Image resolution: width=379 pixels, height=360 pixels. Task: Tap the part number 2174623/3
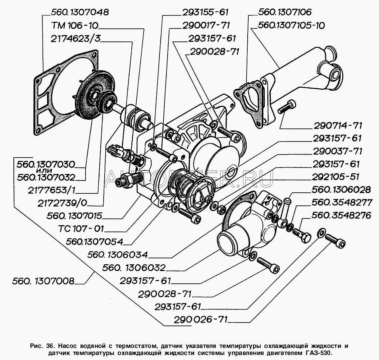point(75,39)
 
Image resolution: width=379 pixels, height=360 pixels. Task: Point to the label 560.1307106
point(285,12)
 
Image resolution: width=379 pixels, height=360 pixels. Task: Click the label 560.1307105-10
point(291,25)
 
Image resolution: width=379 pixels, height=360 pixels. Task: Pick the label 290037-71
point(338,151)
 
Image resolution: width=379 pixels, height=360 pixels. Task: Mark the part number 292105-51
point(338,177)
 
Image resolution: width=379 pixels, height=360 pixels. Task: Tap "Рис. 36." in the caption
point(41,345)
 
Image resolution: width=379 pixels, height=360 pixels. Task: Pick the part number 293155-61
point(205,12)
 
